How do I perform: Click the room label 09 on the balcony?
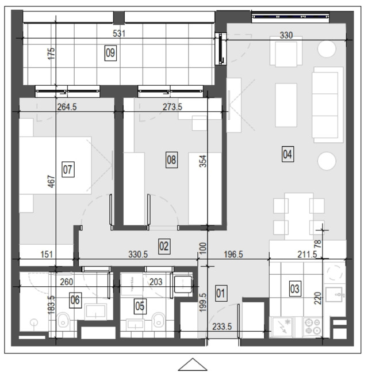(110, 53)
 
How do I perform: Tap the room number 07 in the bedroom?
(68, 169)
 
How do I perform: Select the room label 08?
(171, 160)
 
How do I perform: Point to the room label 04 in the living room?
(287, 154)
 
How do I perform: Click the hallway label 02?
(164, 246)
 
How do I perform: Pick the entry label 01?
(221, 293)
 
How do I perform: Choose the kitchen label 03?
(295, 289)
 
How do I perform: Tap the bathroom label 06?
(75, 300)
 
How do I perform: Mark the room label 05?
(140, 306)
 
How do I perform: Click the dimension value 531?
(119, 33)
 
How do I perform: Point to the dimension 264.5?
(67, 107)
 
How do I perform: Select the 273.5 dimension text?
(172, 107)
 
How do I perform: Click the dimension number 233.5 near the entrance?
(222, 327)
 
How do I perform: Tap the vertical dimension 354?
(203, 161)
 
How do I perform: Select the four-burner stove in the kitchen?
(313, 327)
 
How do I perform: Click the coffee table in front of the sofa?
(286, 105)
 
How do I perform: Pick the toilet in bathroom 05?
(159, 320)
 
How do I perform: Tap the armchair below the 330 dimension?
(286, 51)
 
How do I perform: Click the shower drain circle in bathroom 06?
(34, 322)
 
